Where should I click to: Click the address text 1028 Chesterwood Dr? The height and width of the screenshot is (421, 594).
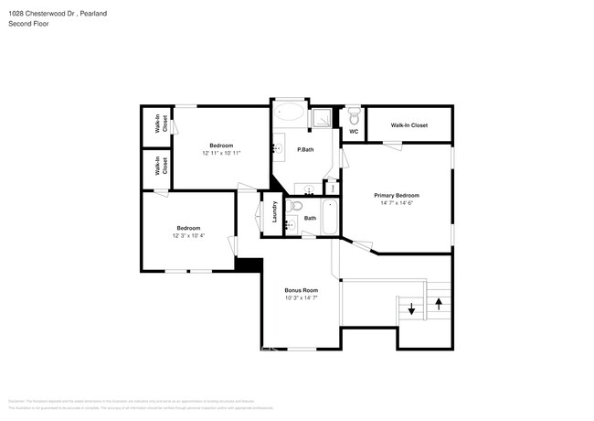point(41,13)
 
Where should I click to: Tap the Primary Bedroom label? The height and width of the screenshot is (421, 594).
point(397,195)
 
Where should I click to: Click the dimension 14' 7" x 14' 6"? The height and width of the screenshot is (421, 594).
point(397,203)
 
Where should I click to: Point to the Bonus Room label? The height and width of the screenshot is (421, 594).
point(300,289)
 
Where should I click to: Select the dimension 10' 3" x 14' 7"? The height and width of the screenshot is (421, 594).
point(300,297)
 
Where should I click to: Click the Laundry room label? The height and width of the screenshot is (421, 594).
point(274,212)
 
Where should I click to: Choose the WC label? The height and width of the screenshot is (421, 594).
point(353,132)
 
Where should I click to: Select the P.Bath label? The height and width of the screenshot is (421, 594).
point(305,149)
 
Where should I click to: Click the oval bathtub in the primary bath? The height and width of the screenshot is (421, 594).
point(292,113)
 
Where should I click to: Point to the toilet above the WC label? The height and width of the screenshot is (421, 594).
point(354,117)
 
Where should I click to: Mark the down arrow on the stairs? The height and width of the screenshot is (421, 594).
point(411,309)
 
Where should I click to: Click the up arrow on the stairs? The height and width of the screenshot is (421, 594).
point(439,301)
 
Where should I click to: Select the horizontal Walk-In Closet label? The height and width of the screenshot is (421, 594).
point(408,125)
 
